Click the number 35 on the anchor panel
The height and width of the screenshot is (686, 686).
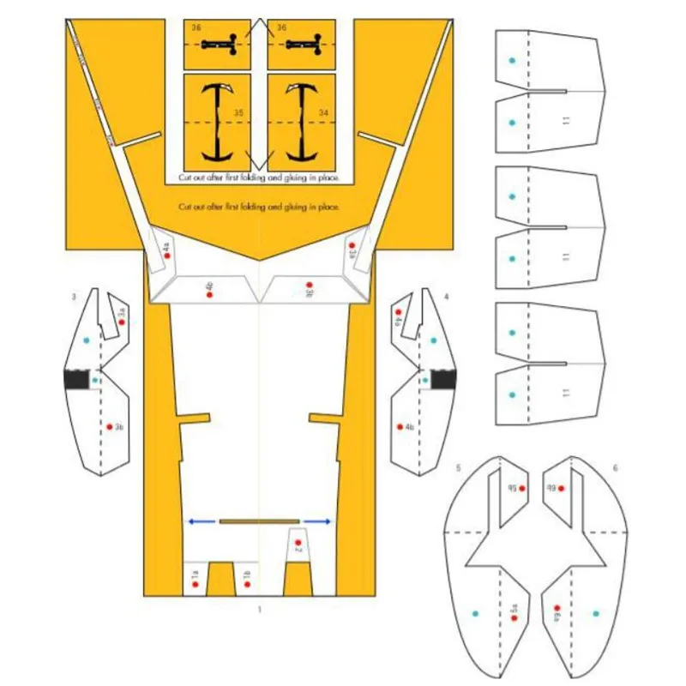point(239,111)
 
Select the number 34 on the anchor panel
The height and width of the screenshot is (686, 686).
point(323,111)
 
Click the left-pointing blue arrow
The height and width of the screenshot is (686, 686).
point(202,521)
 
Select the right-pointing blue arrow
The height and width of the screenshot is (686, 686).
point(317,521)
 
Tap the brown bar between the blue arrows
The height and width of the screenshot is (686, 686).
point(259,521)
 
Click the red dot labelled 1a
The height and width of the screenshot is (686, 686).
point(196,585)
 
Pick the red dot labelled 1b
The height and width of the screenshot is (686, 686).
point(246,585)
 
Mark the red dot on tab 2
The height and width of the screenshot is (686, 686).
point(298,545)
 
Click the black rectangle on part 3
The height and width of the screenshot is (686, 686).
point(77,379)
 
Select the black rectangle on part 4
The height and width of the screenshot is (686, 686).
point(443,379)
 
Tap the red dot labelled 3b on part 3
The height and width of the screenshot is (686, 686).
point(110,426)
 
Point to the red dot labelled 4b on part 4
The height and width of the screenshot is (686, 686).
point(400,426)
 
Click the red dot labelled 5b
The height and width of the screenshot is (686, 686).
point(522,489)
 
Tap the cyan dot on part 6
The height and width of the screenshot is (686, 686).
point(596,614)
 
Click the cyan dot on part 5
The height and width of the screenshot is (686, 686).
point(476,614)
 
